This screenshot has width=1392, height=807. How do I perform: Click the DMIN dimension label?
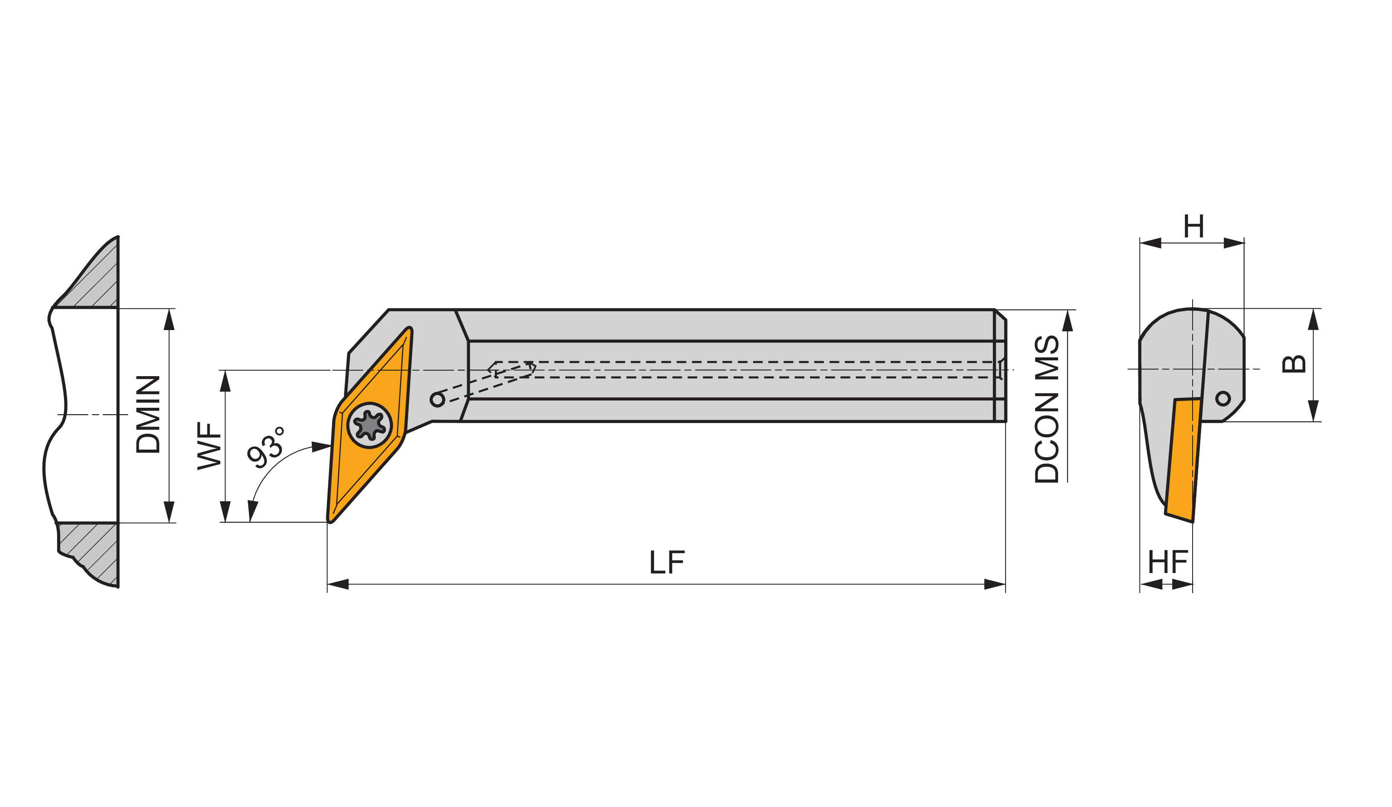click(148, 414)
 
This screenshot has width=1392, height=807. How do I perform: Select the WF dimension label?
click(209, 446)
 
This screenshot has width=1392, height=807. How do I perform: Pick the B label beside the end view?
click(1294, 364)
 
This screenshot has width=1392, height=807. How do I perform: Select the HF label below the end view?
click(1168, 562)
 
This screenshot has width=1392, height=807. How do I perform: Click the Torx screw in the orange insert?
click(369, 425)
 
